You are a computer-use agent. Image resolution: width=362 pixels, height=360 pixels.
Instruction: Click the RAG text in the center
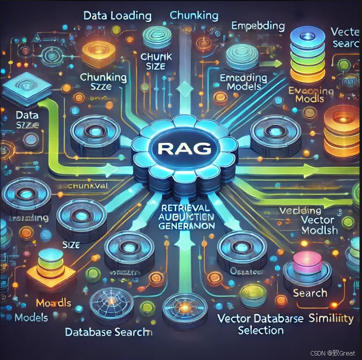coord(185,148)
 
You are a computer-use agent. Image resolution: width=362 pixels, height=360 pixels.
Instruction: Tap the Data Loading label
coord(118,15)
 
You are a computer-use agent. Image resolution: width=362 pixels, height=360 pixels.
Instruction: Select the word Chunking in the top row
coord(194,15)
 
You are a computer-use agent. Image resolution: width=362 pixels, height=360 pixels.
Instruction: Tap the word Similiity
coord(331,318)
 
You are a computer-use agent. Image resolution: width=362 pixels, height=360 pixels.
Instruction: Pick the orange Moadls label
coord(54,303)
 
